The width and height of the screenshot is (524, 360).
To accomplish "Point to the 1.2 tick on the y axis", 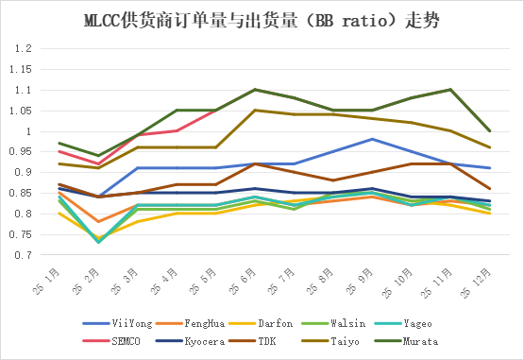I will [x=23, y=48].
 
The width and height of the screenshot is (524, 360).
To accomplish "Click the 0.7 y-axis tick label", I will [x=23, y=255].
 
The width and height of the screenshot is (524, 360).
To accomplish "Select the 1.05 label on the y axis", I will [x=21, y=111].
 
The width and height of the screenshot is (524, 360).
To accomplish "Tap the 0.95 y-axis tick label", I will [x=21, y=152].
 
